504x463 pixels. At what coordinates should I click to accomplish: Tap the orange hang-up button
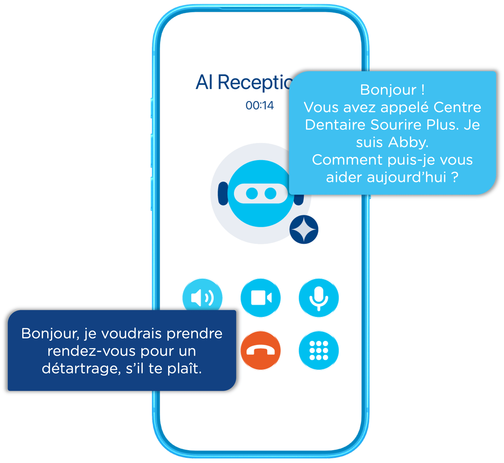(261, 350)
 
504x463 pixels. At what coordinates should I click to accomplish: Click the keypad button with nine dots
(319, 350)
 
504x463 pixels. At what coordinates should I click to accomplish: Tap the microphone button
(319, 298)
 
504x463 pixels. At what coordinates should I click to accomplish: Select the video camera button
(261, 298)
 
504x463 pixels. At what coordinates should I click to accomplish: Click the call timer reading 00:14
(260, 105)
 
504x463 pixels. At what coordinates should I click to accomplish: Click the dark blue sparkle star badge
(304, 229)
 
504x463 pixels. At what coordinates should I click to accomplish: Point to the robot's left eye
(252, 194)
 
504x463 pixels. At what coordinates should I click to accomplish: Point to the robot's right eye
(270, 194)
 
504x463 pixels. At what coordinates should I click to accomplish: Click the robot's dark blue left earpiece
(223, 194)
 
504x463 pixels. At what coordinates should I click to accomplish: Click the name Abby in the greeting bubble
(408, 142)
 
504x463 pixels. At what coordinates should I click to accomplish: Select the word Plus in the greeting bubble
(443, 125)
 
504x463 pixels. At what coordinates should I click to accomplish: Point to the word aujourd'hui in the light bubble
(406, 177)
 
